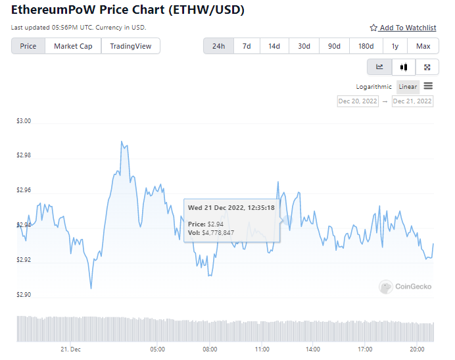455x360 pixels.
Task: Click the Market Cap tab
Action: [x=73, y=46]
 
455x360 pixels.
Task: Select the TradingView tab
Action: [x=130, y=46]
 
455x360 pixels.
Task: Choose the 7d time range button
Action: [x=247, y=46]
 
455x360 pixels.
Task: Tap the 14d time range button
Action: [x=274, y=46]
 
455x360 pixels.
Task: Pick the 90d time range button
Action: [x=334, y=46]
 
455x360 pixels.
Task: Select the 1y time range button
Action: [x=395, y=46]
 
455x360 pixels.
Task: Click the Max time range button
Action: [x=423, y=46]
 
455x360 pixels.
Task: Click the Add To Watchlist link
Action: [x=403, y=28]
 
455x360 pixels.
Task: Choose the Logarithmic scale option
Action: [x=373, y=87]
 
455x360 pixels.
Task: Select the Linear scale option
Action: [x=408, y=87]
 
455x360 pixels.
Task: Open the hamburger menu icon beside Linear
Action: [x=428, y=86]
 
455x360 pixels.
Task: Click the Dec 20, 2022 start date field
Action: [x=358, y=101]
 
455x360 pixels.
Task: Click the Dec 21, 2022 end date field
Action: [x=412, y=101]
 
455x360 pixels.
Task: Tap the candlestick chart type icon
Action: [x=404, y=67]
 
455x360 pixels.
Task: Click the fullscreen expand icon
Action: [x=427, y=67]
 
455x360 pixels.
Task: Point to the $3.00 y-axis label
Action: [x=24, y=122]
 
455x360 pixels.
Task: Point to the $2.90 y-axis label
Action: [x=24, y=295]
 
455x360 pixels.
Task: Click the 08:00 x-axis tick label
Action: [x=210, y=349]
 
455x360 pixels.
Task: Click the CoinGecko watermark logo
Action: [x=405, y=286]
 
